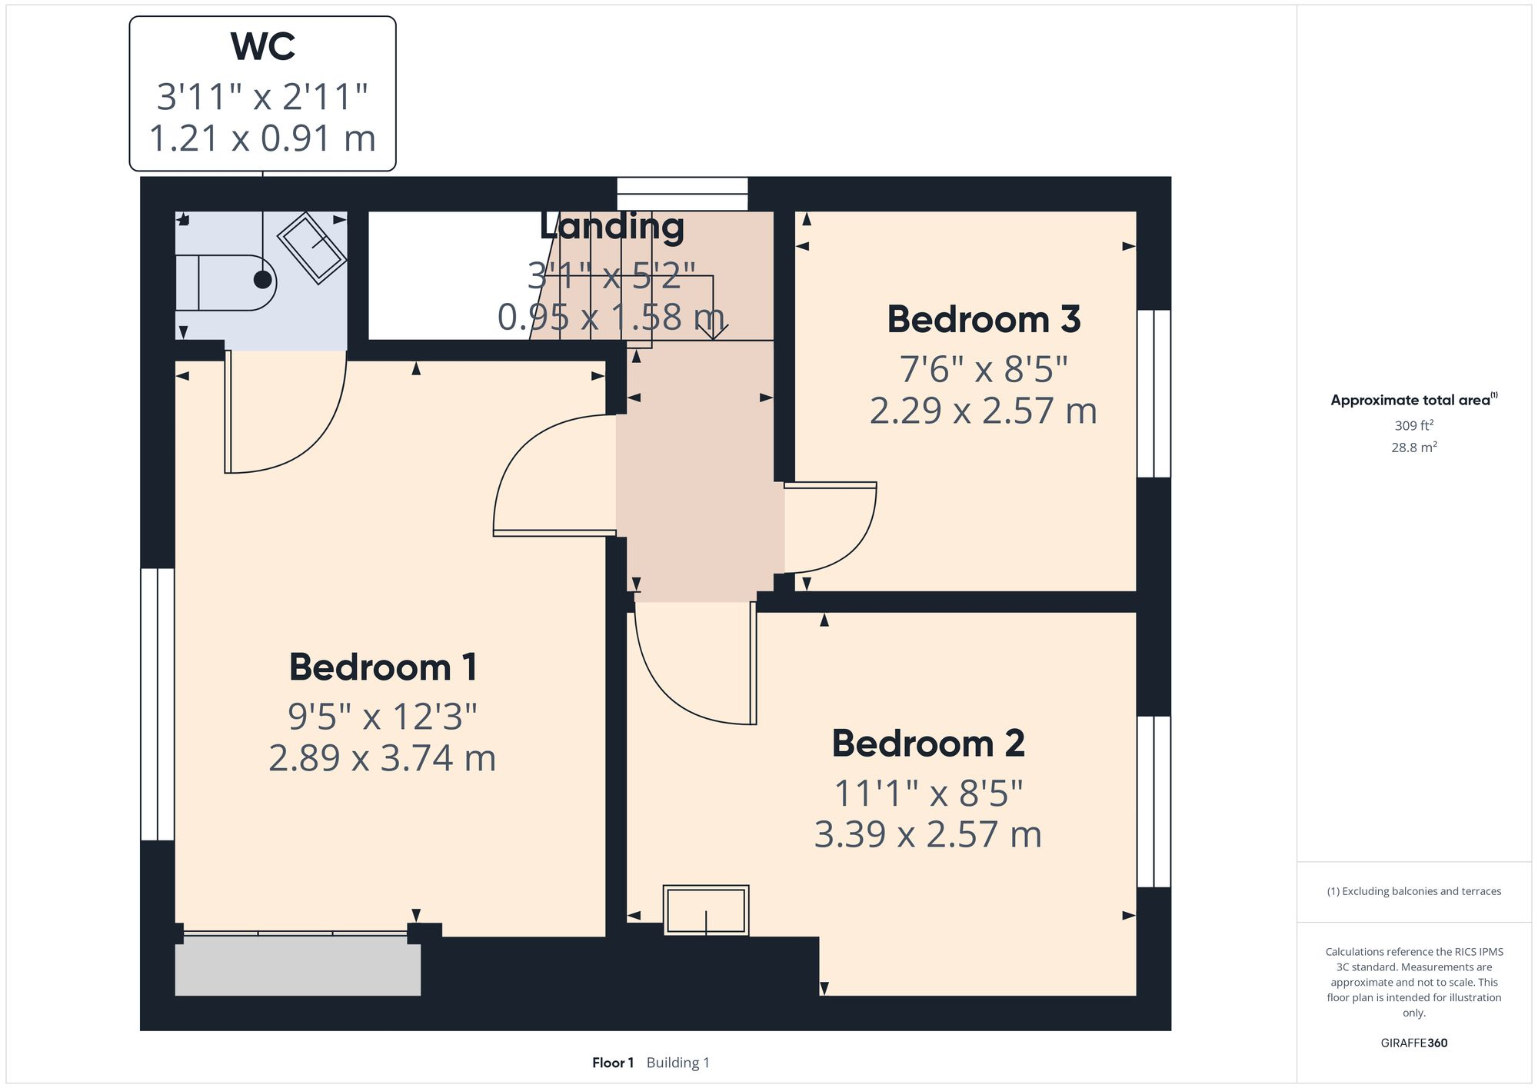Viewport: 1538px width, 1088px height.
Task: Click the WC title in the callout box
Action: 262,47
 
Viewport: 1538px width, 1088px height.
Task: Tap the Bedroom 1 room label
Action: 383,667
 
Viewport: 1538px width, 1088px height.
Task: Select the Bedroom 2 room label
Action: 927,744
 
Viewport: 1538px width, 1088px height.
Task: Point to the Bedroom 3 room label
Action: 984,319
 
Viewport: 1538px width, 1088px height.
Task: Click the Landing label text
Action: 611,227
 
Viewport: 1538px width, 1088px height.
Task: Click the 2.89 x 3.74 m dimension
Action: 382,758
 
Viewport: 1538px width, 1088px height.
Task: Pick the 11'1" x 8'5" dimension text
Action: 928,794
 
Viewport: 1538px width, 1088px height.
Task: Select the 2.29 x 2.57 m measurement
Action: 983,411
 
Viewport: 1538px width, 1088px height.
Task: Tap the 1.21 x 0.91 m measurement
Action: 262,139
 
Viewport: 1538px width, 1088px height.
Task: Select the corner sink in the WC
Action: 311,247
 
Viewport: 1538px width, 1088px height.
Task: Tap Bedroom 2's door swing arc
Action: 677,684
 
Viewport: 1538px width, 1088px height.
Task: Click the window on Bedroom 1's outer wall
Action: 158,704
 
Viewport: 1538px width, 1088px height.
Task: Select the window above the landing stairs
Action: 682,194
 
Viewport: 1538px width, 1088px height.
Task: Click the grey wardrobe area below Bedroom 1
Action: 298,970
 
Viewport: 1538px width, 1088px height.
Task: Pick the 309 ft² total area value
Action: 1413,425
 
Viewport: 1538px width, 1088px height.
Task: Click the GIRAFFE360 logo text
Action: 1413,1043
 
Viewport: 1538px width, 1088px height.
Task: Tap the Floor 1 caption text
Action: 612,1063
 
